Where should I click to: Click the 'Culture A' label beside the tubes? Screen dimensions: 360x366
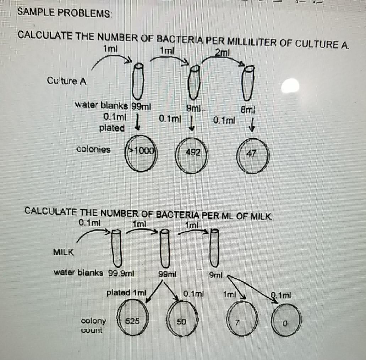(67, 81)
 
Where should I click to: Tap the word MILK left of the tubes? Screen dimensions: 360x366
(64, 252)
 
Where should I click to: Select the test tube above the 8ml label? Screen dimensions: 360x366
(249, 83)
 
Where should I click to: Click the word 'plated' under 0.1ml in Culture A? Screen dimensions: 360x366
(112, 128)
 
